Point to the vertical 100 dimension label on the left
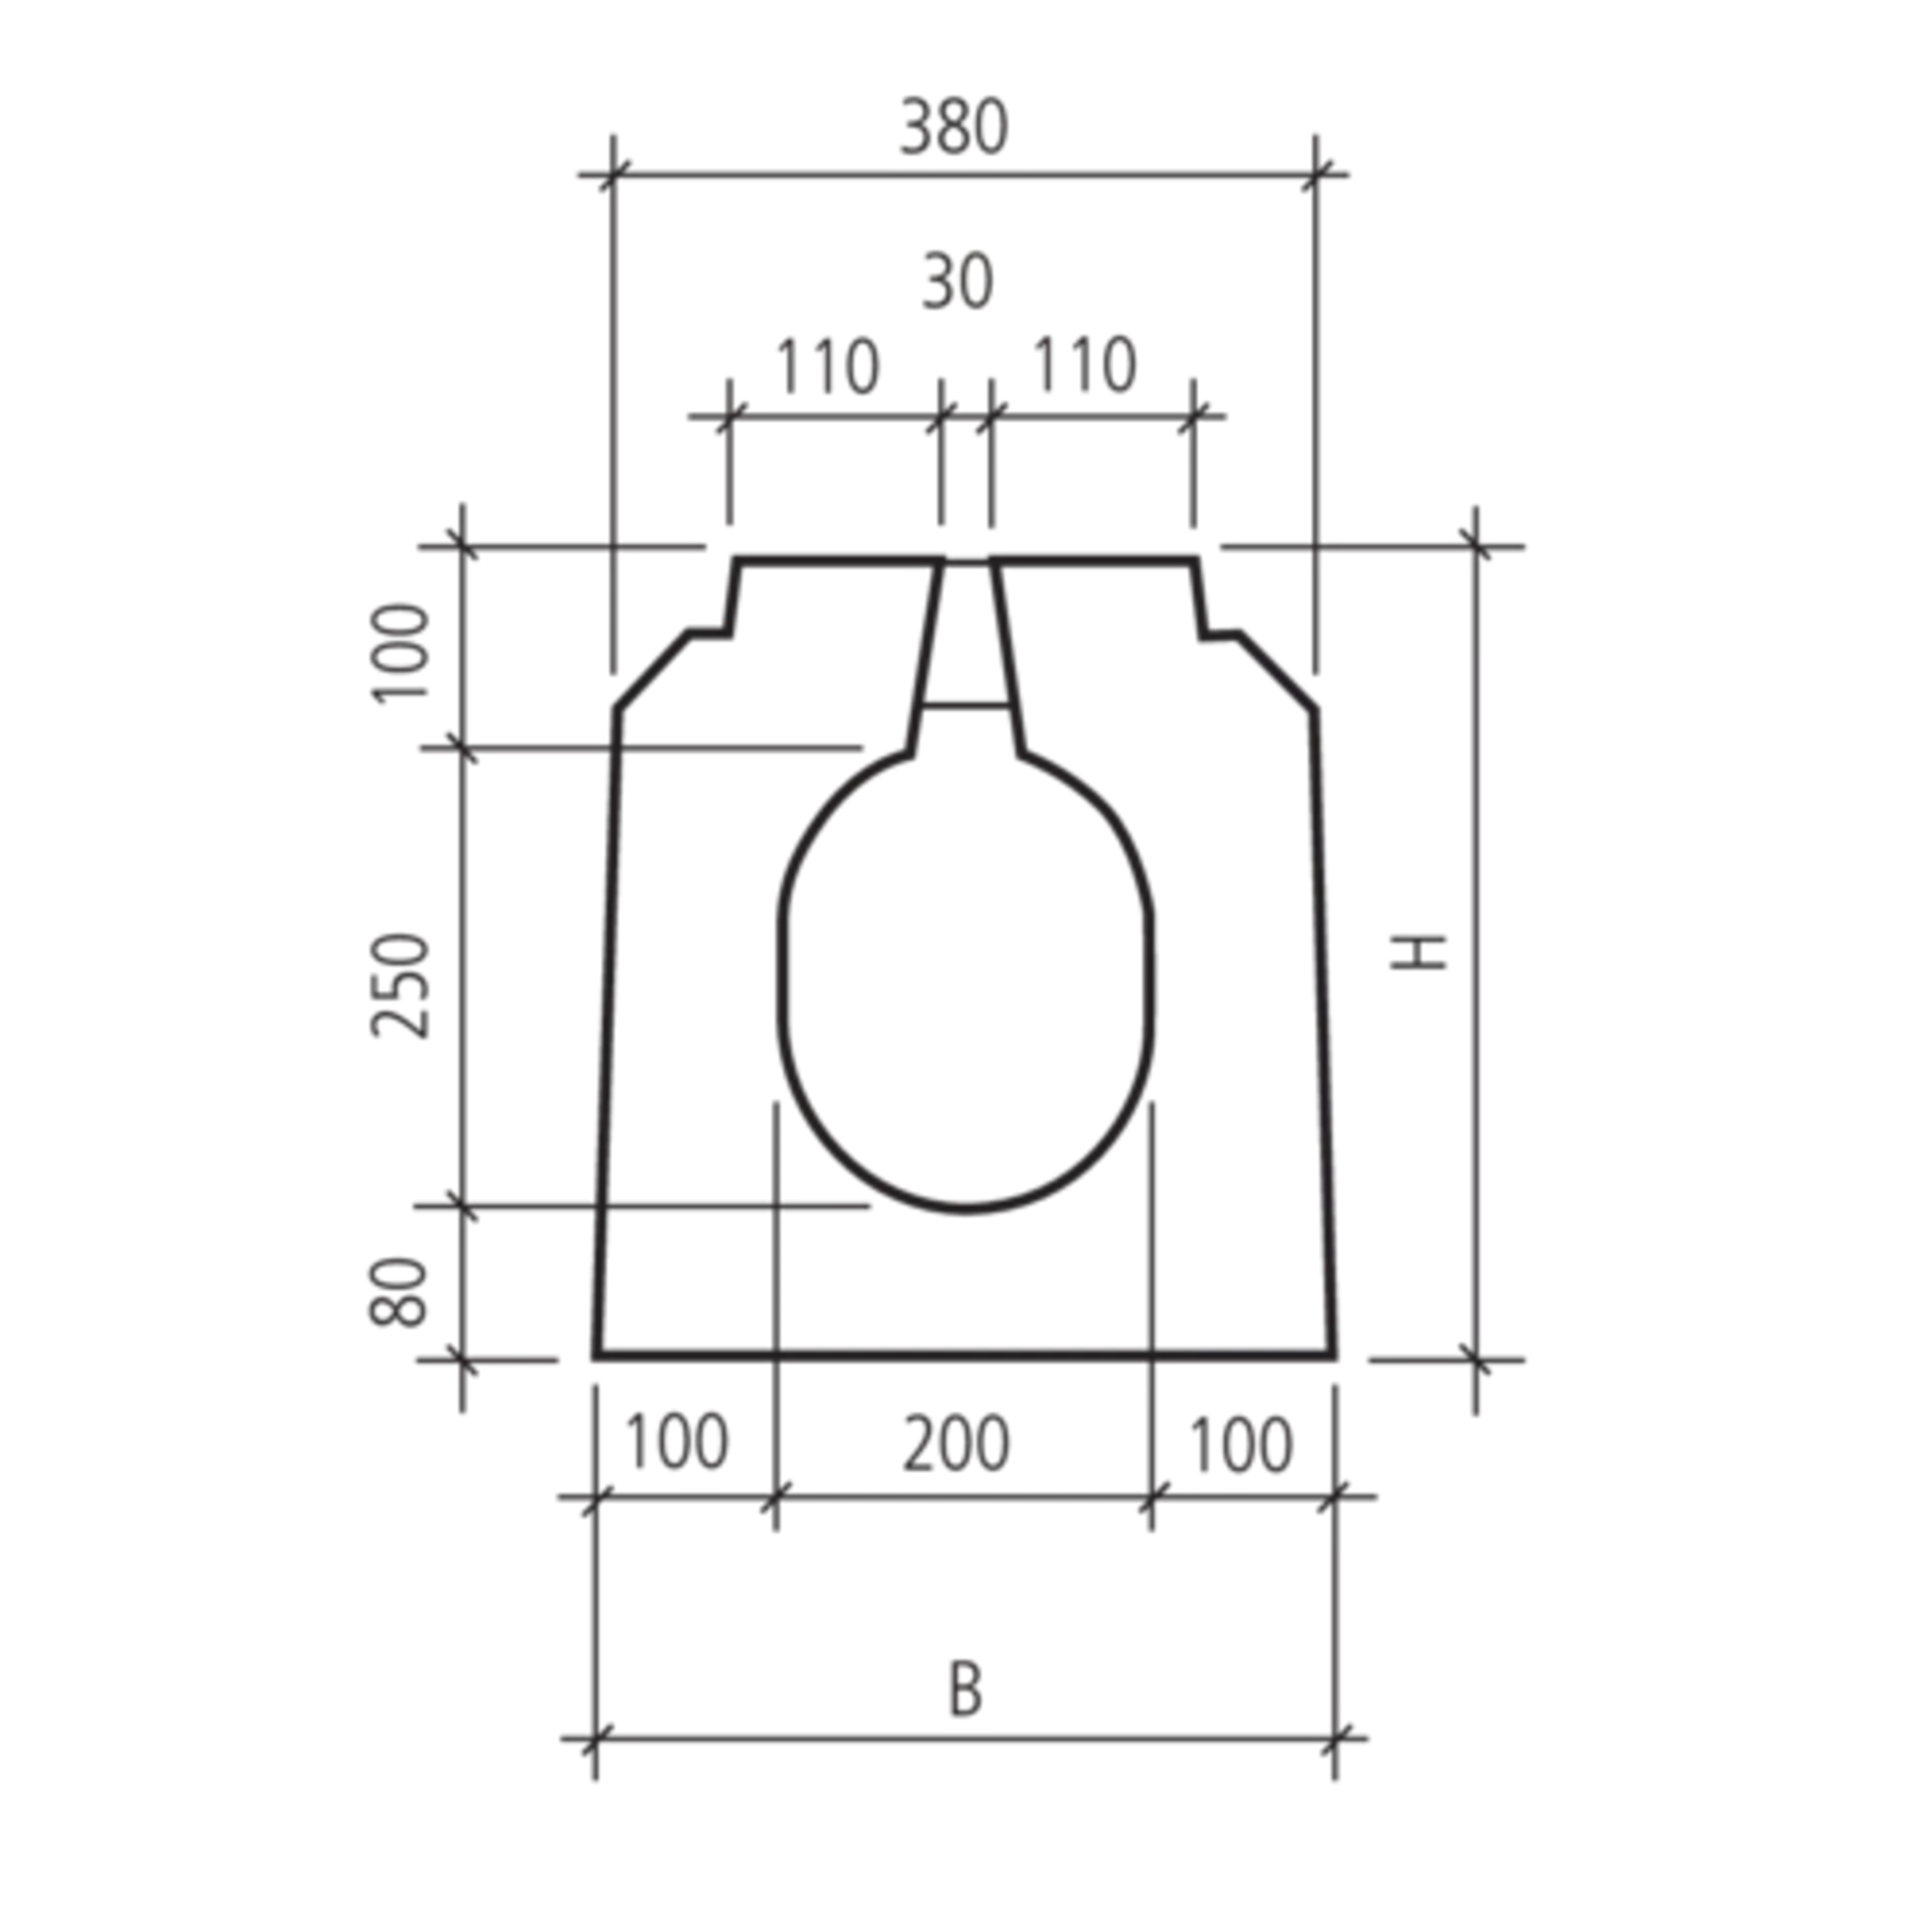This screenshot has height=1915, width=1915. tap(398, 653)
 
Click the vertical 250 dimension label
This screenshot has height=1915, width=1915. tap(398, 982)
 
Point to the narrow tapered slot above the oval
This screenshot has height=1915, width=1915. tap(965, 638)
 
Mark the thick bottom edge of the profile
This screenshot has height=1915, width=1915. tap(965, 1354)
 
